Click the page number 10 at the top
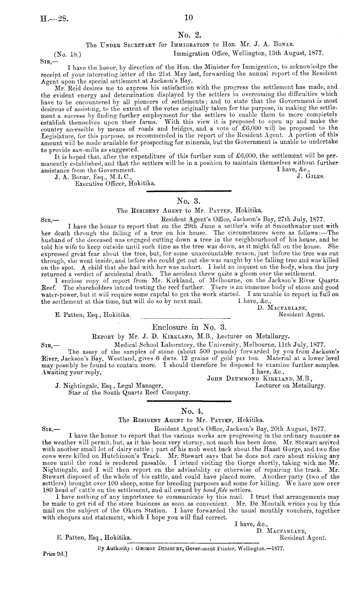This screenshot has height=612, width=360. (x=188, y=18)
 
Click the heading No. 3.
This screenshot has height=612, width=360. (x=189, y=202)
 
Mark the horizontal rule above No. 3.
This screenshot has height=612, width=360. (x=189, y=192)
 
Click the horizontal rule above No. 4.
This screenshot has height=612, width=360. (x=189, y=401)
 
